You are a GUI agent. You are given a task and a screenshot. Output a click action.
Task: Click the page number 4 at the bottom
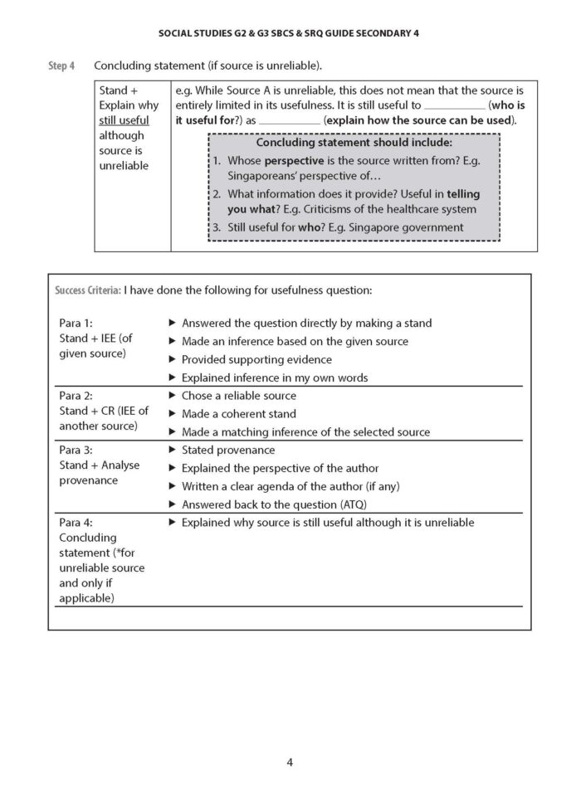coord(290,762)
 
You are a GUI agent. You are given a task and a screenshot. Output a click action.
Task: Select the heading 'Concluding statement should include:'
coord(354,143)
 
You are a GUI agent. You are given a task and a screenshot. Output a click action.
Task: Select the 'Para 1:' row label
coord(76,323)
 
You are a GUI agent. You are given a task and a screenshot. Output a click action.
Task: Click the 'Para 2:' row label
coord(76,396)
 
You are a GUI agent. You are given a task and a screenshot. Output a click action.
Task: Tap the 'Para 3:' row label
coord(76,450)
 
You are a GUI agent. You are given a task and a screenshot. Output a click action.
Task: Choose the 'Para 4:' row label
coord(76,523)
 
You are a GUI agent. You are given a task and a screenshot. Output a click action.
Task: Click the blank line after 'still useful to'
coord(454,107)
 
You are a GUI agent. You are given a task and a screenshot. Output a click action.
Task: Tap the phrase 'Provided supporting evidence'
coord(256,359)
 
